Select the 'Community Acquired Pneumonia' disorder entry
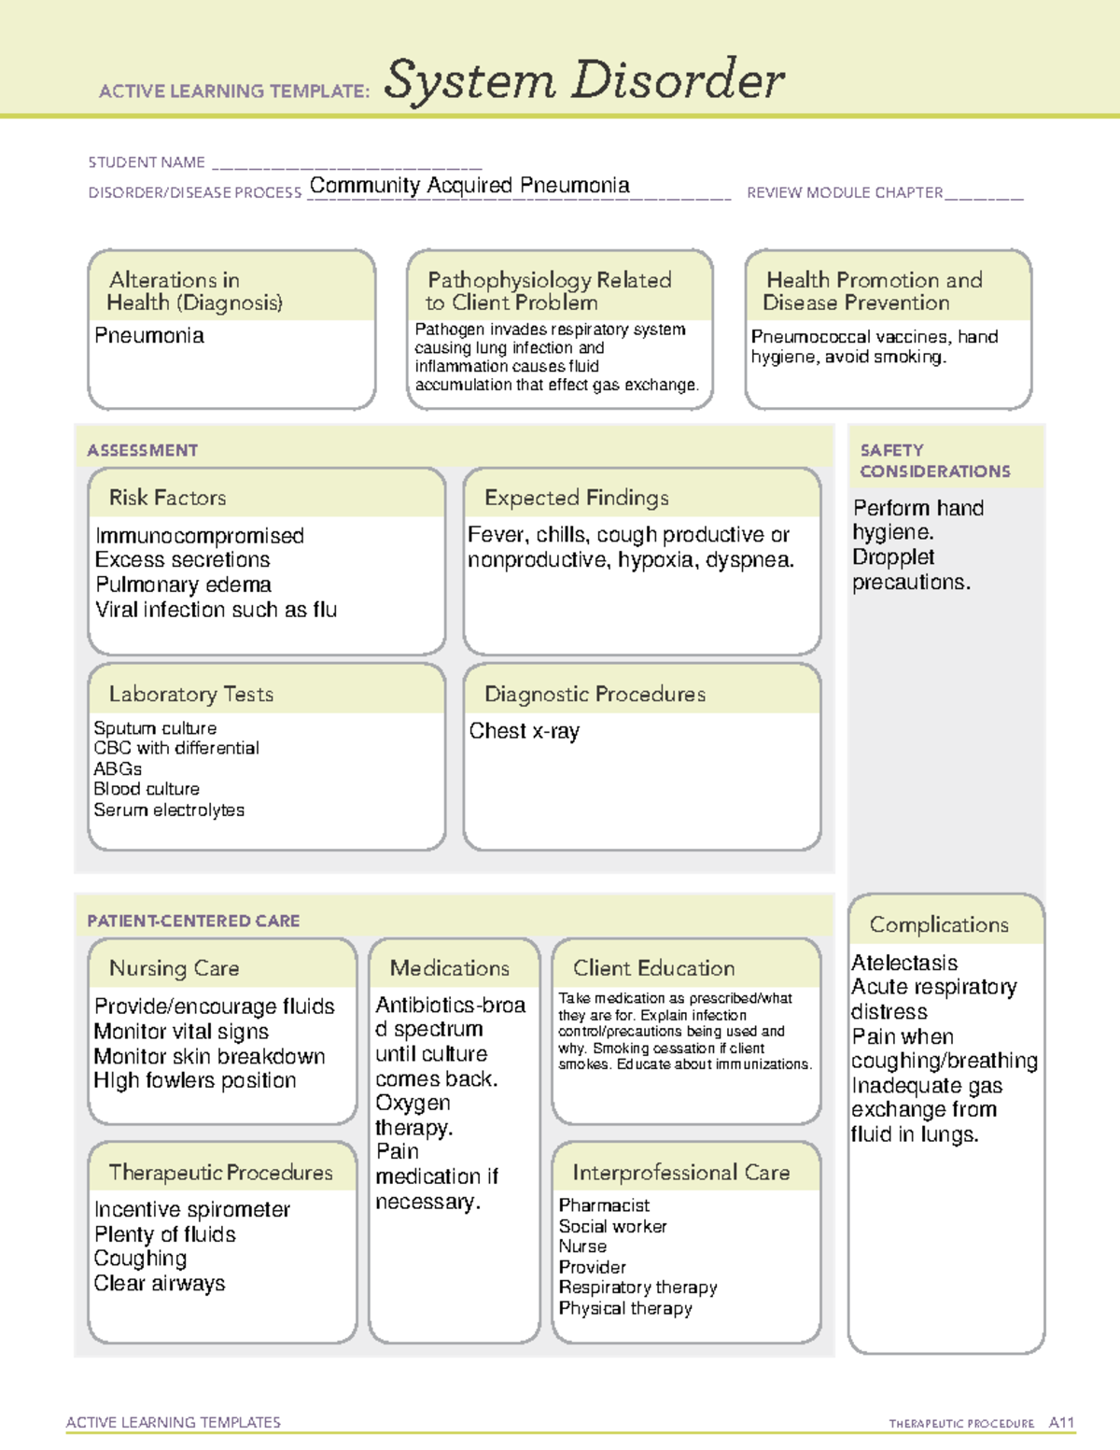click(469, 186)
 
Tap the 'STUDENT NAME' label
click(147, 162)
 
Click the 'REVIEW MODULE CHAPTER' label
click(845, 193)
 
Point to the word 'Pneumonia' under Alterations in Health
click(149, 336)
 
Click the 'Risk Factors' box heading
click(167, 498)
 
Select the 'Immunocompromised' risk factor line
click(200, 536)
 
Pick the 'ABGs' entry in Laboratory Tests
click(118, 769)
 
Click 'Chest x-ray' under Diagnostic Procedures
click(524, 731)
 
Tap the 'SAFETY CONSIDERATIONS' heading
click(934, 461)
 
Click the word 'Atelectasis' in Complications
click(904, 963)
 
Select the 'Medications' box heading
click(450, 968)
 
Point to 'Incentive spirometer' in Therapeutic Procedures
click(192, 1210)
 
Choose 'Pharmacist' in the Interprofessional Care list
click(604, 1205)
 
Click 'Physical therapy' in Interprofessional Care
click(625, 1308)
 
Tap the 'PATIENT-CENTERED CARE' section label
click(193, 921)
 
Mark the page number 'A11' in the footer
click(1061, 1423)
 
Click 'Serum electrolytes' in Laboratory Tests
click(169, 810)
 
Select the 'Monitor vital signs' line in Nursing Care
click(181, 1032)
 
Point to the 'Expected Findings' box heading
click(576, 498)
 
